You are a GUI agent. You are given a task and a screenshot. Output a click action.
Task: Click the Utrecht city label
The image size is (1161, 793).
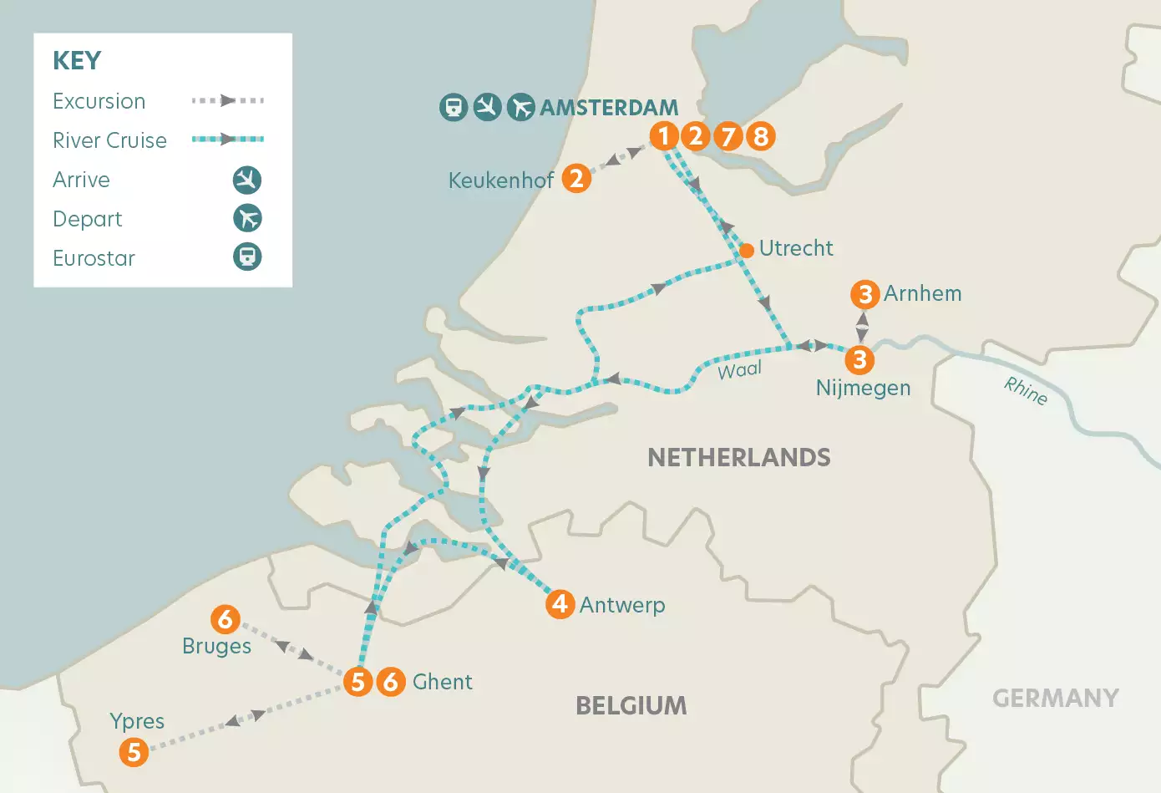[795, 248]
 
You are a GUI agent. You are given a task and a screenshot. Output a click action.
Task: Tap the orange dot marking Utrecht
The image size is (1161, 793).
[747, 250]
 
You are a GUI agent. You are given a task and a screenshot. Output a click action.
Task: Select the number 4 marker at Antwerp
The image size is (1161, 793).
[560, 603]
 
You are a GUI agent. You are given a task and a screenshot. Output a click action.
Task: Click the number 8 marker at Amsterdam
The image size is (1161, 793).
[760, 135]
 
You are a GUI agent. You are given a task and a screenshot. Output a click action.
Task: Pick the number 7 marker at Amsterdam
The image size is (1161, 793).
[728, 135]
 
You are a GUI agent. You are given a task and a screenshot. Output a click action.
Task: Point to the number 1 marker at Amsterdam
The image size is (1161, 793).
[664, 135]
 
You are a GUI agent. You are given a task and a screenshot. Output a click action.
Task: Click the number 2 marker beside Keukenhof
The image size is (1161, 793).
[575, 178]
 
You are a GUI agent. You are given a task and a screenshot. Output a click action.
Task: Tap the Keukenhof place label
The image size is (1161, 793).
[501, 180]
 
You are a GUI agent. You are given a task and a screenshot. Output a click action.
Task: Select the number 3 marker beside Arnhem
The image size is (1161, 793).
[864, 294]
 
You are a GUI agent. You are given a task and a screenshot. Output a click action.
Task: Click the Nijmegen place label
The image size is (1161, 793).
[863, 388]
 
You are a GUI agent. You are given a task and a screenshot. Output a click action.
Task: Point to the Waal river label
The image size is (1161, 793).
[740, 370]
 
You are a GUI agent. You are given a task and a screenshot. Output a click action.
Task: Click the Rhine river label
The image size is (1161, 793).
[1026, 390]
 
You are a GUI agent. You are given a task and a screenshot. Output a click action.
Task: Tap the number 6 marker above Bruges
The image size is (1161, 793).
[225, 619]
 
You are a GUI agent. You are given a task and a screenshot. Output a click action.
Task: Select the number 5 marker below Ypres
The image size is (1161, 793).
[134, 752]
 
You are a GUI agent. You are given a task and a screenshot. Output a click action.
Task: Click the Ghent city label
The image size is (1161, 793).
[442, 682]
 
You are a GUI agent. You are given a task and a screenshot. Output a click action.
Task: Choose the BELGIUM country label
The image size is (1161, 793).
[631, 706]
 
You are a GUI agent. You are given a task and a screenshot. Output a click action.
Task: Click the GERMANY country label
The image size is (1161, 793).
[1055, 698]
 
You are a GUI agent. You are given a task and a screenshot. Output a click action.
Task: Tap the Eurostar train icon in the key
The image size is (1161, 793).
[246, 257]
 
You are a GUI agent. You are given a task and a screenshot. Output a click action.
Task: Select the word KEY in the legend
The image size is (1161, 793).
[77, 61]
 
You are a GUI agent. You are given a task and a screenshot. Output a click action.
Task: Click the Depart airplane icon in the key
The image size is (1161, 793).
[246, 218]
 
